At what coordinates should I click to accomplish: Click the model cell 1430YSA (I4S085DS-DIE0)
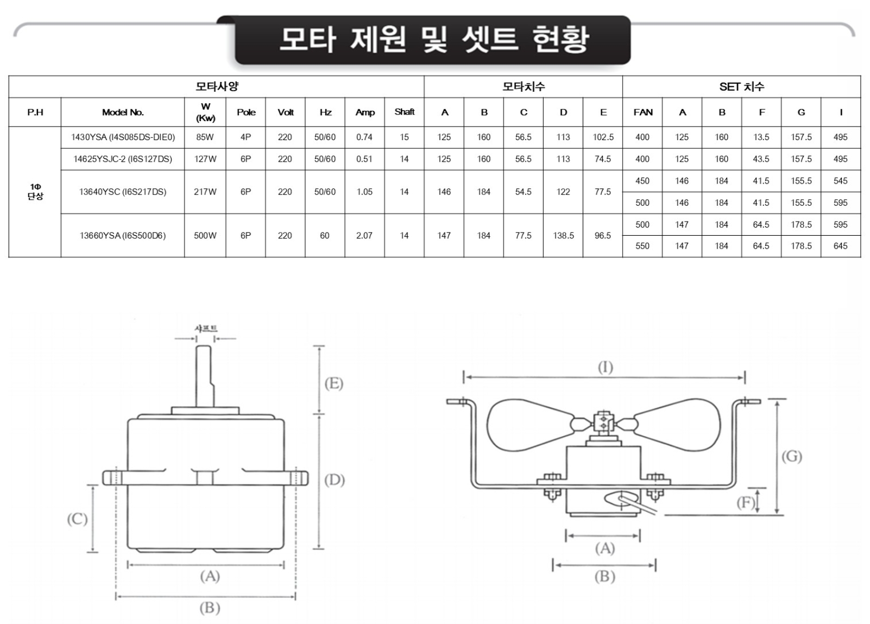click(123, 137)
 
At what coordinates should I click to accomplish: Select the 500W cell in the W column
click(205, 236)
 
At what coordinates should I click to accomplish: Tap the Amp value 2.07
click(364, 236)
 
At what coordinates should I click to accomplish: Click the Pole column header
click(245, 112)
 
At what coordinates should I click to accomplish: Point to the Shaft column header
click(404, 112)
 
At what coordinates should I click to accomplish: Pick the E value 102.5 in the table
click(603, 137)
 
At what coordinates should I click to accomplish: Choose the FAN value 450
click(642, 181)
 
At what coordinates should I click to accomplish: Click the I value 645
click(840, 246)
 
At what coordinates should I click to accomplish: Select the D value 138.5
click(563, 236)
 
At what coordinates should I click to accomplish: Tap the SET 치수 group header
click(741, 87)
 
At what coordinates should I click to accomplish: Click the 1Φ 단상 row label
click(35, 192)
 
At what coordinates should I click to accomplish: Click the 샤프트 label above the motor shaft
click(206, 329)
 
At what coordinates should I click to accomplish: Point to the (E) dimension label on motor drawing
click(333, 384)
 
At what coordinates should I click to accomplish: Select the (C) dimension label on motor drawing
click(77, 519)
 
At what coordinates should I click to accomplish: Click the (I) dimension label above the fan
click(605, 368)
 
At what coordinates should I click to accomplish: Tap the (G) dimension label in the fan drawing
click(791, 456)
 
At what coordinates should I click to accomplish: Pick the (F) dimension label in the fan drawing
click(745, 503)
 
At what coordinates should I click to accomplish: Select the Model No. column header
click(123, 112)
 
